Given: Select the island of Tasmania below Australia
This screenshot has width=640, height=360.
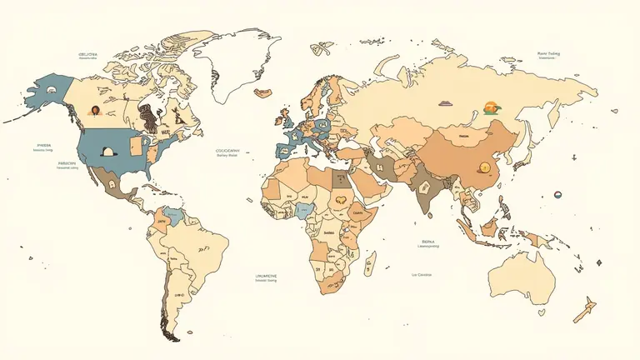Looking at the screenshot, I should [x=543, y=315].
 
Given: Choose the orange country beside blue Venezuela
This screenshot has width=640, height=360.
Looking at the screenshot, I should [x=156, y=223].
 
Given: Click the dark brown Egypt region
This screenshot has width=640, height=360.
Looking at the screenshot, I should [x=341, y=177].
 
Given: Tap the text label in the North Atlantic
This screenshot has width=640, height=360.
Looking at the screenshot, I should [x=227, y=152].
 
